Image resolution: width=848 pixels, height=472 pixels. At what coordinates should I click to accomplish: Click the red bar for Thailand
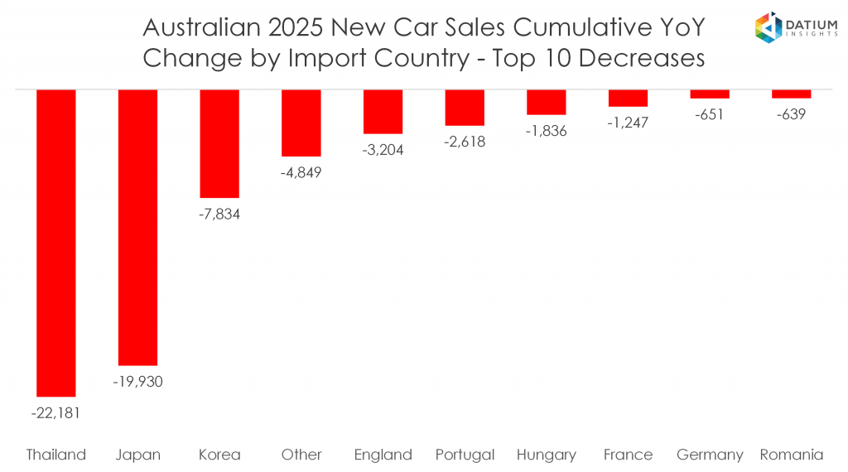pos(56,243)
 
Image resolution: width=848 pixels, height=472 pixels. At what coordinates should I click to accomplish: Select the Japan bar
pos(137,227)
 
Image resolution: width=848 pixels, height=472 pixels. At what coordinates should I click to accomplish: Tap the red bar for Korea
pos(219,143)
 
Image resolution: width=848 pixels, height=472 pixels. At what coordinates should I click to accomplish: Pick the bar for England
pos(383,111)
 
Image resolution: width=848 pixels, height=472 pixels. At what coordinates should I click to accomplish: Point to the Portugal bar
pos(465,107)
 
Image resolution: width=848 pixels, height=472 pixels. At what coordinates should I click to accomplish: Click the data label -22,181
pos(56,412)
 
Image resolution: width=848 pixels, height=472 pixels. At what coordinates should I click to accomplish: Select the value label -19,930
pos(137,382)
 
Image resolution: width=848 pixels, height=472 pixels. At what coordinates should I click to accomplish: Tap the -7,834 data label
pos(219,214)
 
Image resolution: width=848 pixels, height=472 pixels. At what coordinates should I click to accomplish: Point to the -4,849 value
pos(301,172)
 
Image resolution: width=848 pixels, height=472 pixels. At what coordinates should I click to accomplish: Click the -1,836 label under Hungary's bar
pos(547,131)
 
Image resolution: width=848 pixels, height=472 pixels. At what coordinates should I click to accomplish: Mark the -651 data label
pos(710,114)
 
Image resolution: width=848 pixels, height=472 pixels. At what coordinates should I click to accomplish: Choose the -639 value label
pos(791,114)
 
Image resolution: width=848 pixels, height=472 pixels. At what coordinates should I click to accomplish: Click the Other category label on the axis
pos(301,455)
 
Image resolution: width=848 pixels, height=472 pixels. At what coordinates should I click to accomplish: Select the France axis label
pos(628,455)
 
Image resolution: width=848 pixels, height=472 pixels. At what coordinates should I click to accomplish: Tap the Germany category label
pos(710,455)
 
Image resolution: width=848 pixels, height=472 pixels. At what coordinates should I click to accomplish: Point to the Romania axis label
pos(791,455)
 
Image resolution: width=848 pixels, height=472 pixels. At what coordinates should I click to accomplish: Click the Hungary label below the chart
pos(547,455)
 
